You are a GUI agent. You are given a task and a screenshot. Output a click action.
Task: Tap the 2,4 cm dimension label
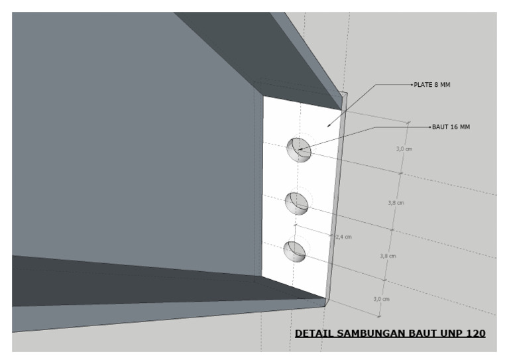point(343,236)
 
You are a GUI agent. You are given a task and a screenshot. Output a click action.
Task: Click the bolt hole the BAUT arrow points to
point(298,150)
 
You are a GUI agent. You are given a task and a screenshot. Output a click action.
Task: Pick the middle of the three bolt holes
point(297,202)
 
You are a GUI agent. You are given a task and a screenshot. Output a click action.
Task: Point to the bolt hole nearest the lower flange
point(294,251)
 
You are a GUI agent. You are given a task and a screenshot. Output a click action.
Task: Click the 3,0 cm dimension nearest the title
point(381,299)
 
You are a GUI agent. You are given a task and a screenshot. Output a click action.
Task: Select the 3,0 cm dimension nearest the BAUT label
point(404,149)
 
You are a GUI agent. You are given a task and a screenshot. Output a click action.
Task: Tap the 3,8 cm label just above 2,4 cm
point(396,203)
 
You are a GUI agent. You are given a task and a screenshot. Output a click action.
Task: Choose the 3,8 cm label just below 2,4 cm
point(388,256)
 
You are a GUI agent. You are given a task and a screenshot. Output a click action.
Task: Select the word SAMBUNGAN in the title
point(365,333)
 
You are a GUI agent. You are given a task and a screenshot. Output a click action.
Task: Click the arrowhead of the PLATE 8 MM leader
point(327,123)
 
